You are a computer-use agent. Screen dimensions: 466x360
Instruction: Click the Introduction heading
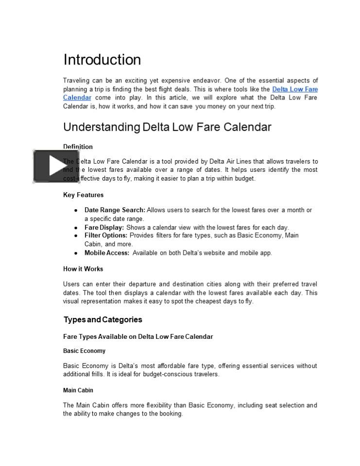(x=102, y=60)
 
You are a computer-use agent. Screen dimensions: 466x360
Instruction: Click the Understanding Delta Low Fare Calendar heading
(x=167, y=127)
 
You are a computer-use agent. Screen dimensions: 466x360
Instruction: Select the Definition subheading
(x=78, y=147)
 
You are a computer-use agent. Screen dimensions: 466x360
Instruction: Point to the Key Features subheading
(x=83, y=195)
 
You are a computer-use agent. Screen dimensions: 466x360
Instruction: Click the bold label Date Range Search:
(x=115, y=210)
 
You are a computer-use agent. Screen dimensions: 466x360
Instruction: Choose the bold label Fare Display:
(x=104, y=227)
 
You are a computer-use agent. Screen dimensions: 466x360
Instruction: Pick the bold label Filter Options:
(x=106, y=235)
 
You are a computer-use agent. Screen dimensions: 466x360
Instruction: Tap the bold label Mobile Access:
(x=107, y=253)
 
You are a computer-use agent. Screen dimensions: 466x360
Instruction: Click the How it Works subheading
(x=83, y=269)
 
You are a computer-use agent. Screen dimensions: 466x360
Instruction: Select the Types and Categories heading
(x=103, y=319)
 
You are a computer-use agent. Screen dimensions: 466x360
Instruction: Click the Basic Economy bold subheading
(x=84, y=351)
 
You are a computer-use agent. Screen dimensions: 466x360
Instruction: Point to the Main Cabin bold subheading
(x=78, y=390)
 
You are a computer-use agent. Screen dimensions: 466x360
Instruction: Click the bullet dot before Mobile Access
(x=76, y=253)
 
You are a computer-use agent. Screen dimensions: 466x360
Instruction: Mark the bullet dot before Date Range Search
(x=76, y=210)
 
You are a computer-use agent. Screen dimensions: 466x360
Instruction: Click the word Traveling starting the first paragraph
(x=76, y=81)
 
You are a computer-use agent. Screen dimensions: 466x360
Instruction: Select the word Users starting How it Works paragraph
(x=72, y=284)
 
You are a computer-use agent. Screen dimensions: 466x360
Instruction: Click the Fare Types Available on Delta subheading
(x=138, y=336)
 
